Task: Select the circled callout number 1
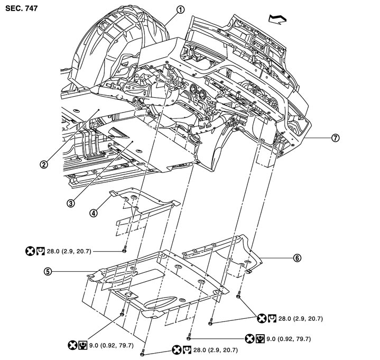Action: pos(181,9)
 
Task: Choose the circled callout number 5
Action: pos(48,272)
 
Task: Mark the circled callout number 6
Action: pos(297,258)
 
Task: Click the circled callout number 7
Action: pos(334,138)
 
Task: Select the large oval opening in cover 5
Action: pos(161,305)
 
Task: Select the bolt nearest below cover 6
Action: pos(239,297)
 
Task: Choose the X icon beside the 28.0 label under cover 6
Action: pos(261,318)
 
